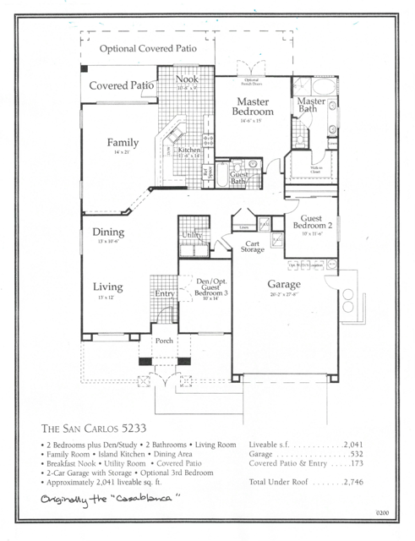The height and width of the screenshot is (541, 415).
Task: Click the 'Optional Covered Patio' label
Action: point(148,49)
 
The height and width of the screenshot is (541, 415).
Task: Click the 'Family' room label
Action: point(122,143)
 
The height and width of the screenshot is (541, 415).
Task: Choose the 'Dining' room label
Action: point(108,232)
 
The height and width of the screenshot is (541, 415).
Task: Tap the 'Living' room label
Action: point(108,287)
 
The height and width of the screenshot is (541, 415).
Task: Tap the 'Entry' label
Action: point(164,293)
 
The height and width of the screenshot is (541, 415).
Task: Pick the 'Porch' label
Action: point(163,341)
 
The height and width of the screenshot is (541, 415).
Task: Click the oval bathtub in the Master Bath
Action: point(322,88)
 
